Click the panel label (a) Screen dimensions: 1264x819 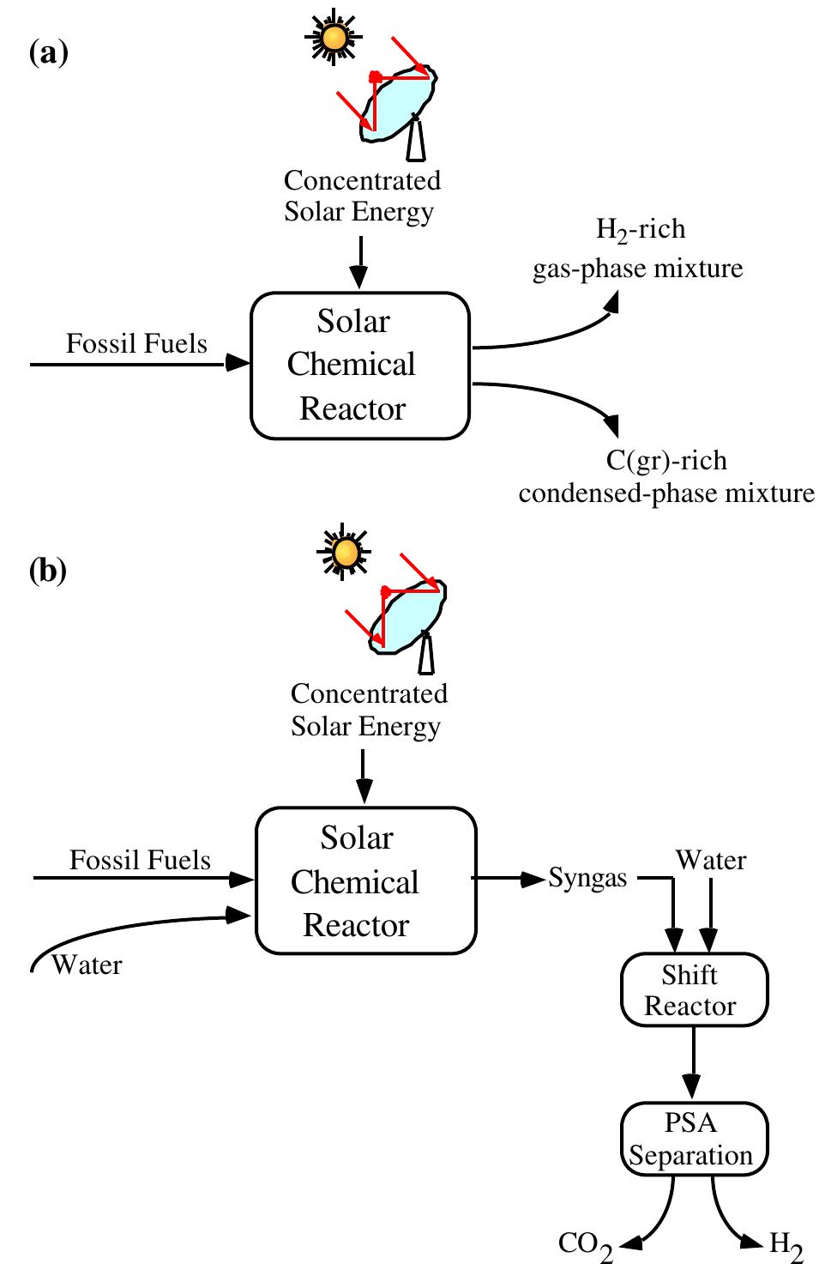[48, 54]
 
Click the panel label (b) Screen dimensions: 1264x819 [48, 570]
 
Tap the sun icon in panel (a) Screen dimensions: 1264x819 [334, 38]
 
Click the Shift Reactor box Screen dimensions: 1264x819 [693, 989]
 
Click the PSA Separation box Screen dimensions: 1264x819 [693, 1139]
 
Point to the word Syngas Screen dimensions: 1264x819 [587, 879]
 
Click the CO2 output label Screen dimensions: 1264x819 [586, 1244]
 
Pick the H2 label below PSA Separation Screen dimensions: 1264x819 [786, 1244]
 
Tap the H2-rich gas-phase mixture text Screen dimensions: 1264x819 [638, 249]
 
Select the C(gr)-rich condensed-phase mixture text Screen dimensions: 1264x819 [666, 477]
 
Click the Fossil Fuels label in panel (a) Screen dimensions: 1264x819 [136, 343]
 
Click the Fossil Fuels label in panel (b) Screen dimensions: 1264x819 [140, 860]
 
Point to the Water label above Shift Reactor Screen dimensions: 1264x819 [711, 860]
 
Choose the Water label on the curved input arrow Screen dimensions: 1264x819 [87, 965]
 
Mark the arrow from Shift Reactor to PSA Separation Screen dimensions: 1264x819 [693, 1062]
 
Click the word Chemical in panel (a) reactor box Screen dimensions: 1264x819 [352, 365]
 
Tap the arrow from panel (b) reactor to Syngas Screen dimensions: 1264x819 [509, 879]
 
